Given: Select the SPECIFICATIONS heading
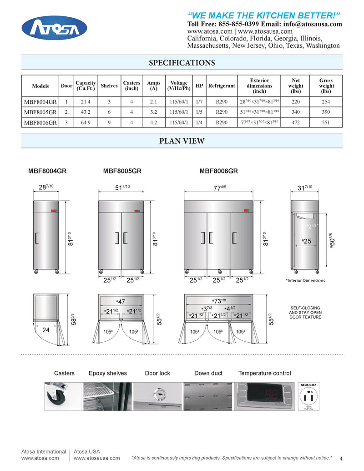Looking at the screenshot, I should pos(182,63).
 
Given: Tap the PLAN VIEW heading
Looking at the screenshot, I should pos(182,141).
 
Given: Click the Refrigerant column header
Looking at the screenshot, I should pos(222,86).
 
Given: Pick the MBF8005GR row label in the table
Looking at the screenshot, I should pos(40,112).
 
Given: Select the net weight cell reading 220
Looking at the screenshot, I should pos(296,102).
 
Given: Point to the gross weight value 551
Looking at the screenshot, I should pos(326,122).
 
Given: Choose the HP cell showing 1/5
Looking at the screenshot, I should pos(199,112).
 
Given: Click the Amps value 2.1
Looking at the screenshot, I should pos(153,102).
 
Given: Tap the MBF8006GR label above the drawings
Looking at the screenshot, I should pos(218,172).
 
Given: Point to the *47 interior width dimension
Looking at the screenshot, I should pos(121,302).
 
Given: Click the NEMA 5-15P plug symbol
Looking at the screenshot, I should pos(308,397).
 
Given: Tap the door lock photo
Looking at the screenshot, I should pos(157,397).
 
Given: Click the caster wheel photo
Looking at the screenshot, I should pos(63,397).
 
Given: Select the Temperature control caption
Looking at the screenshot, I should pos(264,374).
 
